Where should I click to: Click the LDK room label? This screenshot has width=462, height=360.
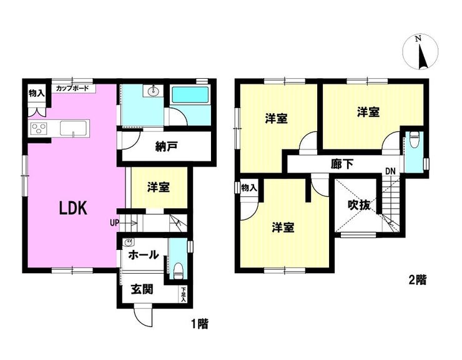pos(73,208)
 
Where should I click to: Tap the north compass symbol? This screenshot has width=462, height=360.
pos(420,52)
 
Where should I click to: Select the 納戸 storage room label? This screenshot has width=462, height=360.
pos(167,147)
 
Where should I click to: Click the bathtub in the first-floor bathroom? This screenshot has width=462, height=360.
pos(190,95)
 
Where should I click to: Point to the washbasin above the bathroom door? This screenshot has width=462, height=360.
pos(153,91)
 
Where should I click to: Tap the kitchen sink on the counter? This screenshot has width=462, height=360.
pos(74,128)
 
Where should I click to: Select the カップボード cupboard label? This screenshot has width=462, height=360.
pos(72,88)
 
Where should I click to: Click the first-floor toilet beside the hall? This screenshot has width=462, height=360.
pos(178,271)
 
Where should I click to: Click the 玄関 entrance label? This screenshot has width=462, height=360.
pos(142,289)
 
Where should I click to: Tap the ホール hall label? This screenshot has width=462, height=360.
pos(144,254)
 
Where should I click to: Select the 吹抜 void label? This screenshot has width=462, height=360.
pos(358,205)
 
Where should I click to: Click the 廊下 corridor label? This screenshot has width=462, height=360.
pos(342,164)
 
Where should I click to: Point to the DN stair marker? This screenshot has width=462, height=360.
pos(390,171)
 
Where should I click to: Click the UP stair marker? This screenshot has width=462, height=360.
pos(115,222)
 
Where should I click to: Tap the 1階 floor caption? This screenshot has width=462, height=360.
pos(200,324)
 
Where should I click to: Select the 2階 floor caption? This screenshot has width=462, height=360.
pos(418,279)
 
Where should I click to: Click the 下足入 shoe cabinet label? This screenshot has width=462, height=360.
pos(184,294)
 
